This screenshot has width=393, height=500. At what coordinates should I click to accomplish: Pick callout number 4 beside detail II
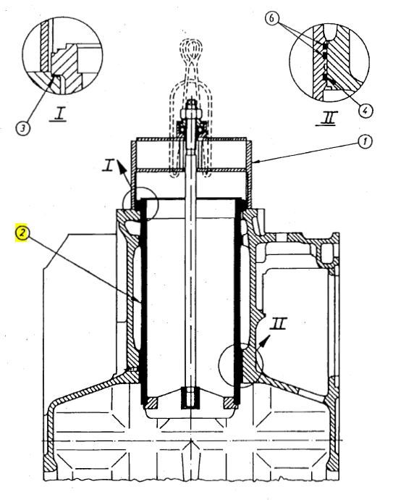tap(367, 110)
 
